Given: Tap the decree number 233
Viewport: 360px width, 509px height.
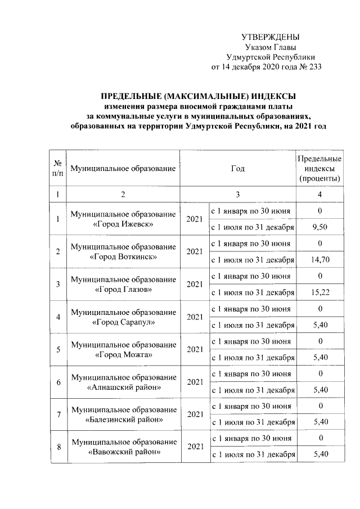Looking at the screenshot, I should (x=313, y=67).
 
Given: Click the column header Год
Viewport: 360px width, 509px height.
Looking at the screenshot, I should (x=238, y=168).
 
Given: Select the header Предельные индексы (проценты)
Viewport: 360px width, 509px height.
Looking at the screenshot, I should (x=319, y=168).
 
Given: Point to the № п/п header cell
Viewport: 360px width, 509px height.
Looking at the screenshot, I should (x=57, y=168).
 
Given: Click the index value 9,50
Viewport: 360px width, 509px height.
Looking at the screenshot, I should (x=319, y=227).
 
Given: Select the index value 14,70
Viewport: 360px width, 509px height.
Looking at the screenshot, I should (x=319, y=260).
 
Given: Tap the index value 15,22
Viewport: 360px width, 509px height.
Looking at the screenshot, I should (x=319, y=292).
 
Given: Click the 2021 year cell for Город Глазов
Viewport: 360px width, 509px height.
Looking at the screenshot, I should (x=194, y=285).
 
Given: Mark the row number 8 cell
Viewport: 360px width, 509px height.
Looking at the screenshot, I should (x=57, y=447).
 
